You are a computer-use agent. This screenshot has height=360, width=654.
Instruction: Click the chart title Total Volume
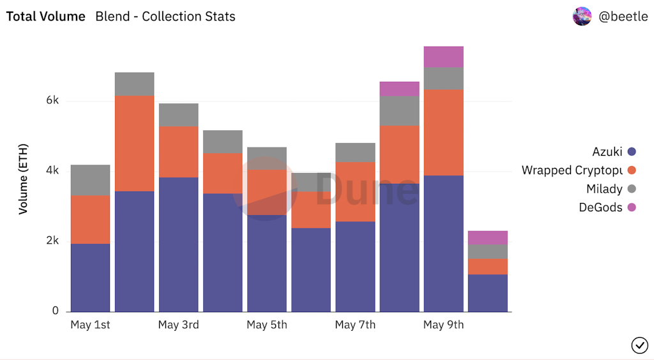tap(45, 17)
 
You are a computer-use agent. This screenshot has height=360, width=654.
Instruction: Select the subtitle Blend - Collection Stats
tap(165, 17)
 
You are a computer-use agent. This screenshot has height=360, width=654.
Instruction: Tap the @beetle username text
tap(623, 17)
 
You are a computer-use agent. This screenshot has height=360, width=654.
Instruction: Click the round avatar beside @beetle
tap(582, 17)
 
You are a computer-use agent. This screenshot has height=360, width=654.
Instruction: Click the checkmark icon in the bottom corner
tap(639, 345)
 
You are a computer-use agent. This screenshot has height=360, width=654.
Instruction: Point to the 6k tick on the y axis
tap(52, 101)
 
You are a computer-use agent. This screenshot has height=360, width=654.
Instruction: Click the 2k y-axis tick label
tap(52, 241)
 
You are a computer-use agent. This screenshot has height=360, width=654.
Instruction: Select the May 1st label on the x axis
tap(90, 325)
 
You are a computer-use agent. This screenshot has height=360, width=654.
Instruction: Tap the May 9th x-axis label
tap(443, 325)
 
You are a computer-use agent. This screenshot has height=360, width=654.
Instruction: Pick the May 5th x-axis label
tap(267, 325)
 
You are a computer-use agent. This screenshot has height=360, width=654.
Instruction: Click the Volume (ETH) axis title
tap(24, 179)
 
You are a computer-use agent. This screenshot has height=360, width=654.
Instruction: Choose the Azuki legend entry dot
tap(632, 152)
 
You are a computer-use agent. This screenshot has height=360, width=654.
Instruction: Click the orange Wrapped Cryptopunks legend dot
tap(632, 170)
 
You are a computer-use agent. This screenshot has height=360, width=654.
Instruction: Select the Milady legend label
tap(604, 189)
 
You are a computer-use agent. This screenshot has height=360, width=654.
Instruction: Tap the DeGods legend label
tap(600, 207)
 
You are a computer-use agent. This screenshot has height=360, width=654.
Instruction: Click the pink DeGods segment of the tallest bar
tap(443, 57)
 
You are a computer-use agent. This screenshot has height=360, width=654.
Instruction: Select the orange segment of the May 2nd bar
tap(134, 143)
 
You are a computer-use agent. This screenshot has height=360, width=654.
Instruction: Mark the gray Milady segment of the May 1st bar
tap(90, 180)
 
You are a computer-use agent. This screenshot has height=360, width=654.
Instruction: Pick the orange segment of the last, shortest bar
tap(487, 267)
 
